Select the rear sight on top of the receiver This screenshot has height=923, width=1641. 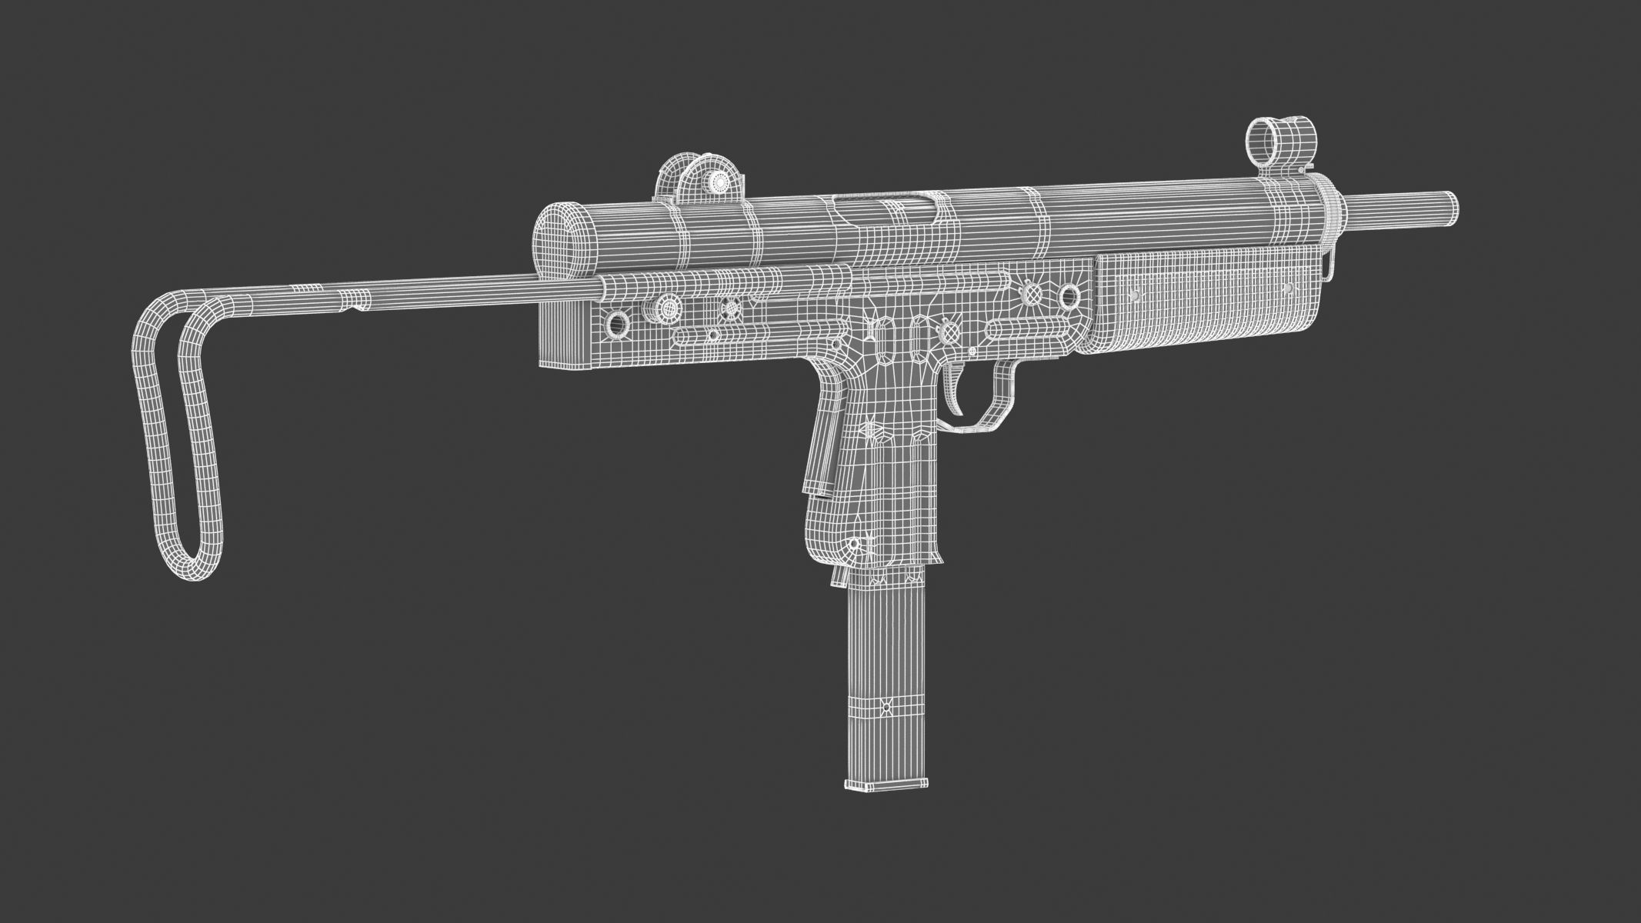pos(701,178)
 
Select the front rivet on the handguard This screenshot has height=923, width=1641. pos(1287,288)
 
